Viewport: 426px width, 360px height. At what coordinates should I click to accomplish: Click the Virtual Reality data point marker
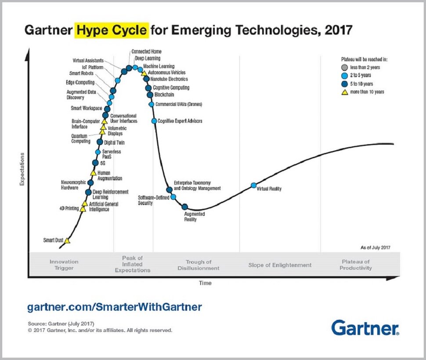tap(253, 185)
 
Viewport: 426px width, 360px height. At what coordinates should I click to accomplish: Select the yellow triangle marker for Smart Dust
tap(67, 240)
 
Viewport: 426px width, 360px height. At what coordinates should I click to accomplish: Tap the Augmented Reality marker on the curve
tap(185, 207)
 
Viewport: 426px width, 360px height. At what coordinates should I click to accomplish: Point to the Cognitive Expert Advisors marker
tap(154, 121)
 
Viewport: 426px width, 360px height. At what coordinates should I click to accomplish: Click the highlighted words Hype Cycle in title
tap(112, 30)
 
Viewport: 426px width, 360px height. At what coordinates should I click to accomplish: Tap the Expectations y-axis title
tap(22, 169)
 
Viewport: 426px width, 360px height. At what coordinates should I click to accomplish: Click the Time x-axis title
tap(205, 283)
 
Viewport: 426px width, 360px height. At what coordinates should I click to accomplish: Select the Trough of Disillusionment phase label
tap(199, 265)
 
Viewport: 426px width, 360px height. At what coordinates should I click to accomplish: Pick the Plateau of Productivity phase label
tap(355, 265)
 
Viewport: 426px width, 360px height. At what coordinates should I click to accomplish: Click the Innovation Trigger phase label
tap(64, 265)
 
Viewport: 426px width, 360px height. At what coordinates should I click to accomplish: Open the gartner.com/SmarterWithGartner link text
tap(114, 306)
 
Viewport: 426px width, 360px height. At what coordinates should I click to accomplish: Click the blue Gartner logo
tap(365, 328)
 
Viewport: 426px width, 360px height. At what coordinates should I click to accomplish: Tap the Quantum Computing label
tap(81, 138)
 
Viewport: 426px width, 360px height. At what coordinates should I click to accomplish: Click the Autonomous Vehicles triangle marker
tap(144, 73)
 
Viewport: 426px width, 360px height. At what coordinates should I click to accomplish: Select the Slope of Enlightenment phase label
tap(280, 265)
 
